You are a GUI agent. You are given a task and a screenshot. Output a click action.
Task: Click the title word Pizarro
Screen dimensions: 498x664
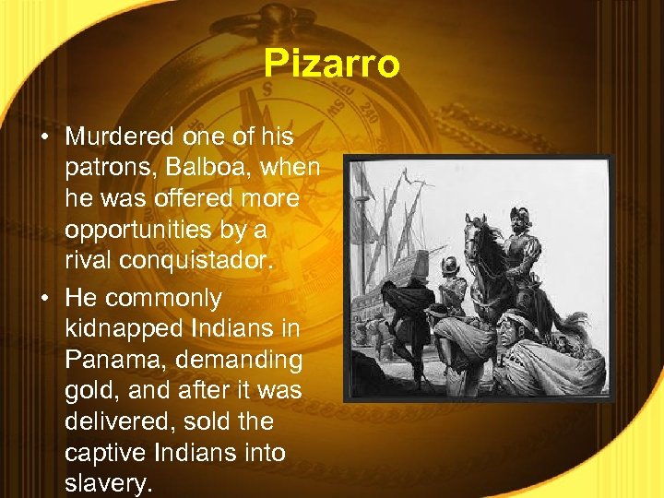pos(331,65)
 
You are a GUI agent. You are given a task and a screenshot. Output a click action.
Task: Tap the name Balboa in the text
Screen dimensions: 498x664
pos(208,168)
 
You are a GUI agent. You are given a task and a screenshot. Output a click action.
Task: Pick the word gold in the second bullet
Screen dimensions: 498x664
pos(89,391)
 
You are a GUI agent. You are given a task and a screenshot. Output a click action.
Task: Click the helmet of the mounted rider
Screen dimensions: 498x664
pos(518,218)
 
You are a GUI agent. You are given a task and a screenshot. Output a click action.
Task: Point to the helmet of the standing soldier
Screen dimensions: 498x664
pos(451,265)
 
